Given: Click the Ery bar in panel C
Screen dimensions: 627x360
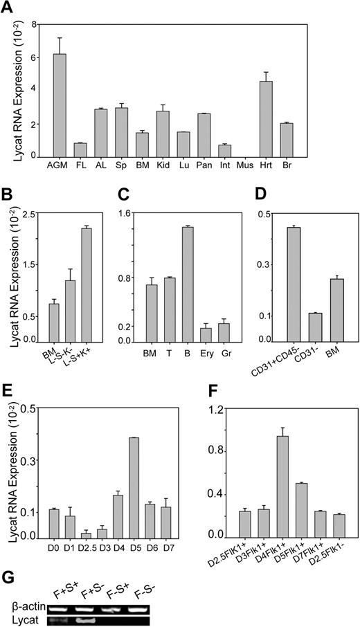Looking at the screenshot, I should (x=206, y=334).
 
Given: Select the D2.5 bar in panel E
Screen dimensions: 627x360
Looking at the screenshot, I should (x=86, y=536).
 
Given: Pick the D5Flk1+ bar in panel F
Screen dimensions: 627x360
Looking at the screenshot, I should (x=301, y=510).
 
